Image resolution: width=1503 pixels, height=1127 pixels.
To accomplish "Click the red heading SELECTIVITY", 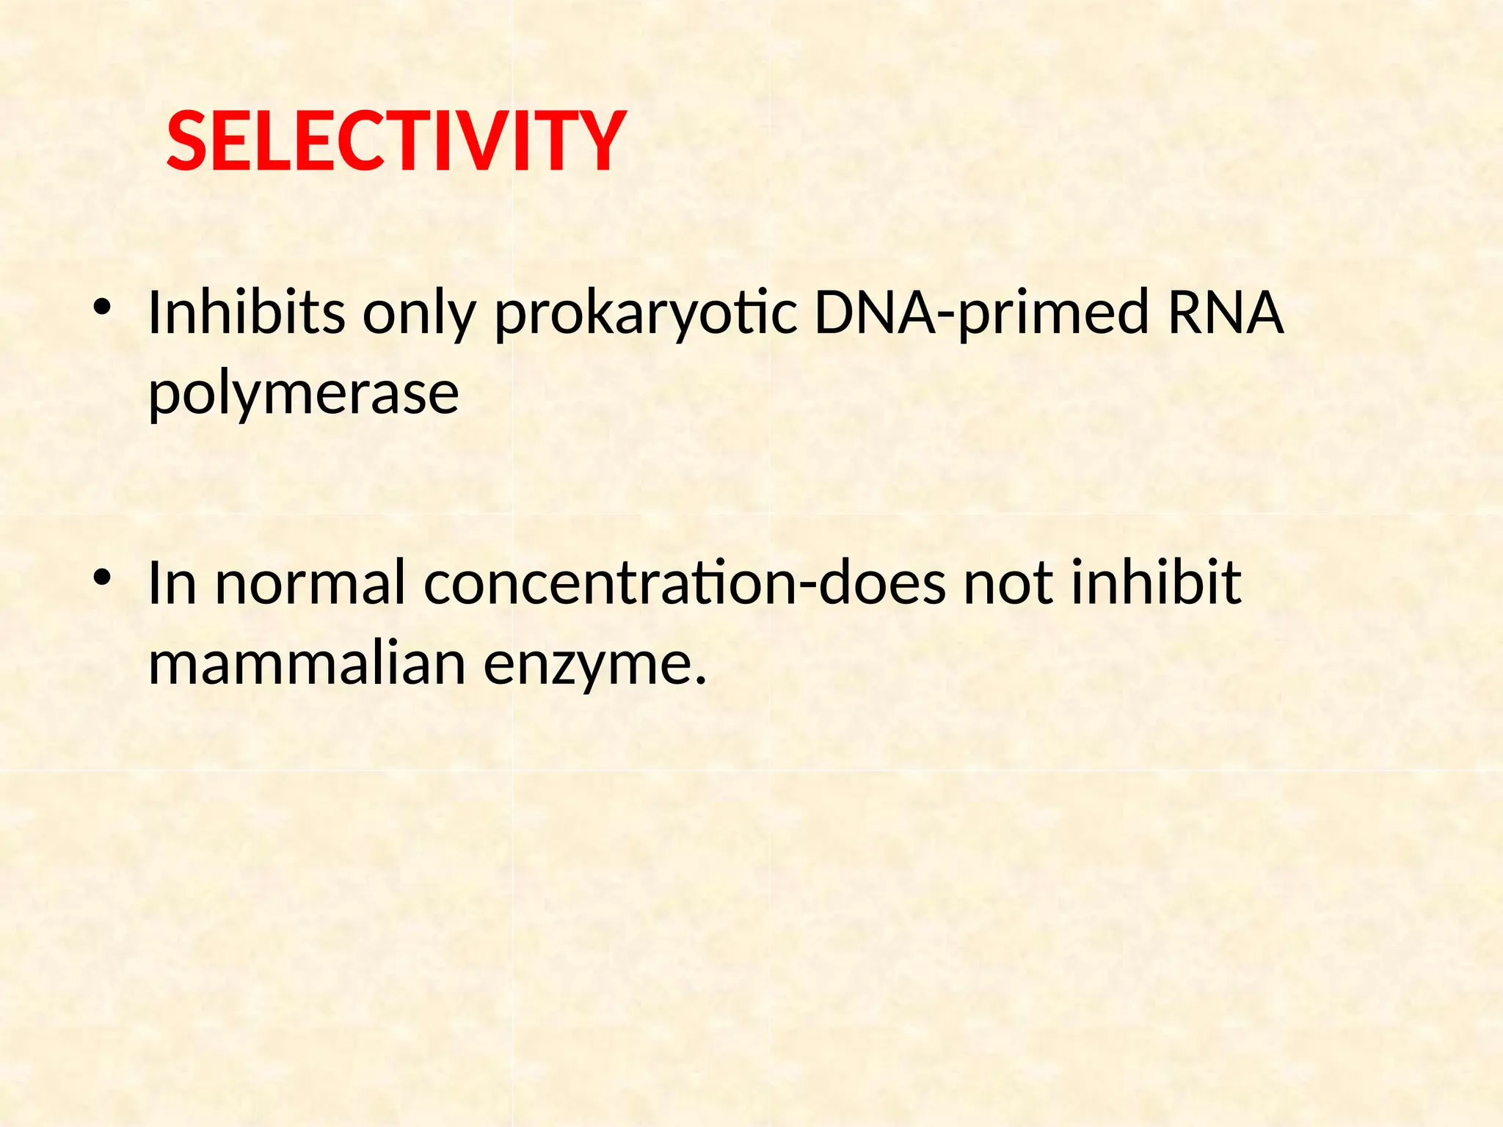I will tap(396, 142).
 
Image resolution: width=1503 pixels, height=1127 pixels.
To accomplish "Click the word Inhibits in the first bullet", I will tap(247, 313).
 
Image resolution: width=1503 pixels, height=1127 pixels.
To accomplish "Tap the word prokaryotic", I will tap(646, 316).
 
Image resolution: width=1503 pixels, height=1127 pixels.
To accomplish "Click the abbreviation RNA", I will tap(1225, 313).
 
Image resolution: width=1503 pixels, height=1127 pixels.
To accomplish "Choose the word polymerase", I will tap(303, 395).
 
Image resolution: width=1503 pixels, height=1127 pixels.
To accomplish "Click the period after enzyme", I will tap(700, 680).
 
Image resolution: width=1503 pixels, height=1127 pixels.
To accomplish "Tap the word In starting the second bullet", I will tap(172, 583).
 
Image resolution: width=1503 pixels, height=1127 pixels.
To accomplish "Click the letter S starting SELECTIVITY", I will tap(186, 142).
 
